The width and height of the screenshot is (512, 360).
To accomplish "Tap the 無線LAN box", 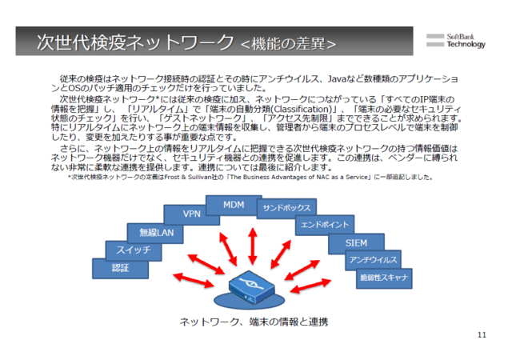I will tap(156, 232).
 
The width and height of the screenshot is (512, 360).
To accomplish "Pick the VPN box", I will tap(192, 214).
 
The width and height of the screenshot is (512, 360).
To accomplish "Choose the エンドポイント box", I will tap(324, 225).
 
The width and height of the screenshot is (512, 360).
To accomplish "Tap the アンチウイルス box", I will tap(372, 260).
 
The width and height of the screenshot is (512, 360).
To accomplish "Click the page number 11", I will tap(481, 334).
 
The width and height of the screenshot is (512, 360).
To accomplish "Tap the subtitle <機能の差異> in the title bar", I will tap(288, 43).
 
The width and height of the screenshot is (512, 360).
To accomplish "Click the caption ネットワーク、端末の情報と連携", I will tap(254, 321).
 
